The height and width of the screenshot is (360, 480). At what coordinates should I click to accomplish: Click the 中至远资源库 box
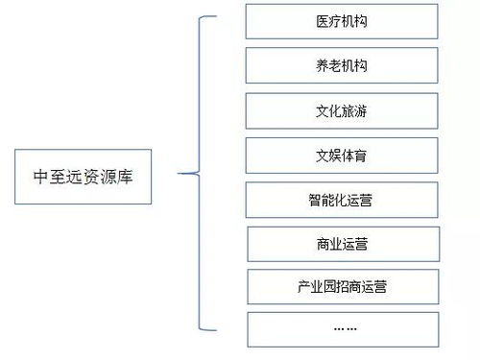coord(83,177)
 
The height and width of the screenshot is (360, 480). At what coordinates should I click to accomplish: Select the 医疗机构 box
coord(342,22)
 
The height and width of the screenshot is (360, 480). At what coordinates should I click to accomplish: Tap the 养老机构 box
coord(342,66)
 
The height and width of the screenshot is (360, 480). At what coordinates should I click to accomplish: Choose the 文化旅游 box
coord(342,111)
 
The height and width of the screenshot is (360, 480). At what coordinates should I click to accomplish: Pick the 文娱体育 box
coord(342,156)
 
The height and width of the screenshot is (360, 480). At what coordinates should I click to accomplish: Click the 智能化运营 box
coord(342,200)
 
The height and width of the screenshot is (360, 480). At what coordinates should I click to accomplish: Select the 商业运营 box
coord(342,244)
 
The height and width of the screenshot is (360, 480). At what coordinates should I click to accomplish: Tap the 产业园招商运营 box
coord(342,286)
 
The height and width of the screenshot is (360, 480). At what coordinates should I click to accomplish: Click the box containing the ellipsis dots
coord(342,328)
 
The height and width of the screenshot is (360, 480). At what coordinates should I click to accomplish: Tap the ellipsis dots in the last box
coord(343,328)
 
